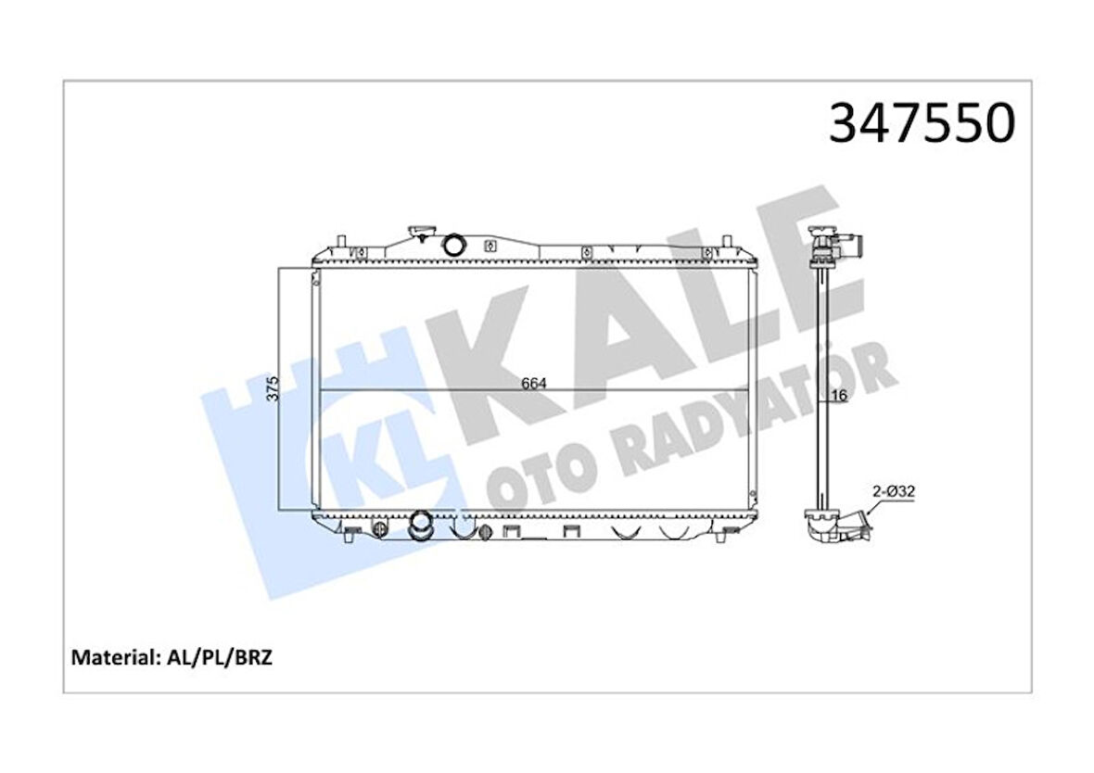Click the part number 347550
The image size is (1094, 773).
point(921,124)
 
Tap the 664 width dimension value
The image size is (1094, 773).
point(535,382)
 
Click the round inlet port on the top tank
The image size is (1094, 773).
point(455,246)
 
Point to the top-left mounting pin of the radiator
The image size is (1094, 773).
point(343,244)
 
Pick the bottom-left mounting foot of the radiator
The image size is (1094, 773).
point(350,532)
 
